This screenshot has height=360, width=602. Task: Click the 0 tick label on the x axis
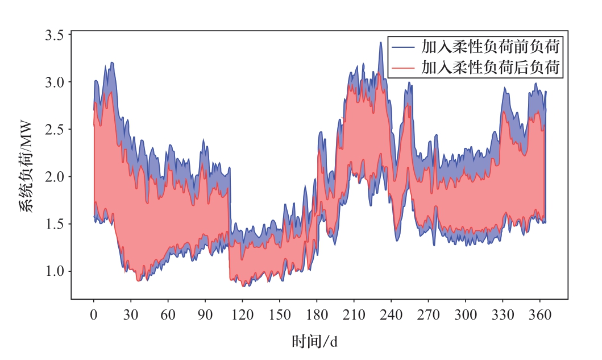pyautogui.click(x=94, y=315)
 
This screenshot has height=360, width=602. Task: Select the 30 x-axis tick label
pyautogui.click(x=131, y=315)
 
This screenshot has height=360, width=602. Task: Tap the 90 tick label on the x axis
pyautogui.click(x=205, y=315)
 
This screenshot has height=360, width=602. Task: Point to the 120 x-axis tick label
pyautogui.click(x=242, y=315)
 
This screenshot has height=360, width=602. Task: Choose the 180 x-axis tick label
pyautogui.click(x=317, y=315)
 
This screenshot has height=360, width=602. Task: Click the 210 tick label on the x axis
pyautogui.click(x=354, y=315)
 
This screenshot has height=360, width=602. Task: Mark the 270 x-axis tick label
pyautogui.click(x=428, y=315)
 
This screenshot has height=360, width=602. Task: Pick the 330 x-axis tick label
pyautogui.click(x=503, y=315)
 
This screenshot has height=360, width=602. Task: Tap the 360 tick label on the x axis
pyautogui.click(x=539, y=315)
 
